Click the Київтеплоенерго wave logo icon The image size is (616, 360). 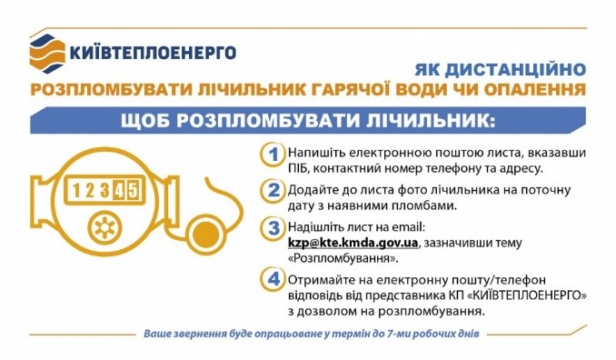(47, 54)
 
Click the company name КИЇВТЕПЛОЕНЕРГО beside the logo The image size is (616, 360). (153, 53)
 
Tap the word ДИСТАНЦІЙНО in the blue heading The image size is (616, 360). (515, 70)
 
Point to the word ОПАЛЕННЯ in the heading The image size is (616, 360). (534, 89)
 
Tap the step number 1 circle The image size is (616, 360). (273, 155)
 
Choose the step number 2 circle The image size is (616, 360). (273, 191)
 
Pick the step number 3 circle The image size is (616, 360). (273, 228)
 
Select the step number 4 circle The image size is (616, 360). (273, 279)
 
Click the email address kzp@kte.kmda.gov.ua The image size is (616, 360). (353, 243)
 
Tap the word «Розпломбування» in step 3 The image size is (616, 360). (343, 258)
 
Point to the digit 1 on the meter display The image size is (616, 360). (76, 191)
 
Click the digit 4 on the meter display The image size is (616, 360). (118, 191)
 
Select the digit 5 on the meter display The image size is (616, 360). (133, 191)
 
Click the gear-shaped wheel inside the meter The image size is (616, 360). (104, 227)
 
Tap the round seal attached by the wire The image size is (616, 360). (206, 235)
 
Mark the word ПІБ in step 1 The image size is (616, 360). (298, 168)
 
